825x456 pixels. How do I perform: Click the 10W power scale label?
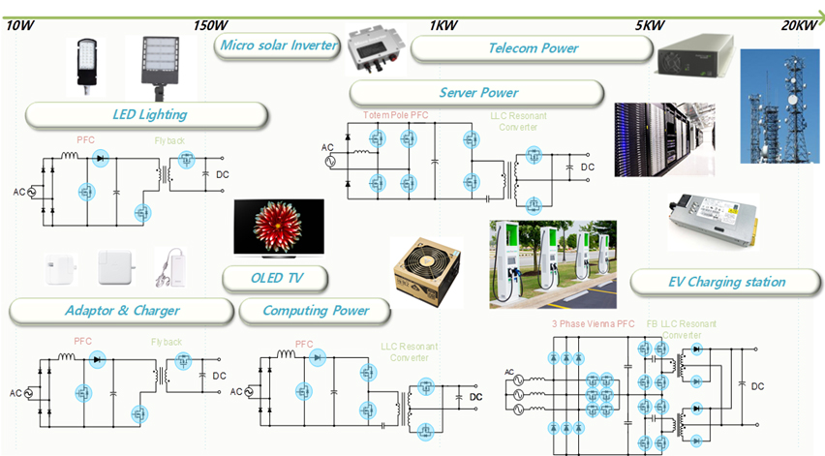tap(20, 24)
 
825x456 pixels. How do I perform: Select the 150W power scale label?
tap(210, 24)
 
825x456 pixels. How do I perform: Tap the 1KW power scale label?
tap(443, 24)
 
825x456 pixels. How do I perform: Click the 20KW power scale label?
tap(799, 24)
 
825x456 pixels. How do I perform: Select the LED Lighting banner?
tap(147, 114)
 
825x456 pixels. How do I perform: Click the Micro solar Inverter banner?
tap(279, 46)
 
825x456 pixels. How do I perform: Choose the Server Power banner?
tap(477, 93)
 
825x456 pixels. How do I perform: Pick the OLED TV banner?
tap(275, 280)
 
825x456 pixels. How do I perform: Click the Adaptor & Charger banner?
tap(121, 311)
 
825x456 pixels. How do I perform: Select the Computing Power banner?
tap(315, 311)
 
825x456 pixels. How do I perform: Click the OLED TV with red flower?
tap(278, 227)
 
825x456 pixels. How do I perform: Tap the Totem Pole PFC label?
tap(395, 115)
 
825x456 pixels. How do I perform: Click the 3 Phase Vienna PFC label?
tap(593, 324)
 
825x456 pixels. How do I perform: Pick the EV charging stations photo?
tap(552, 263)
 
